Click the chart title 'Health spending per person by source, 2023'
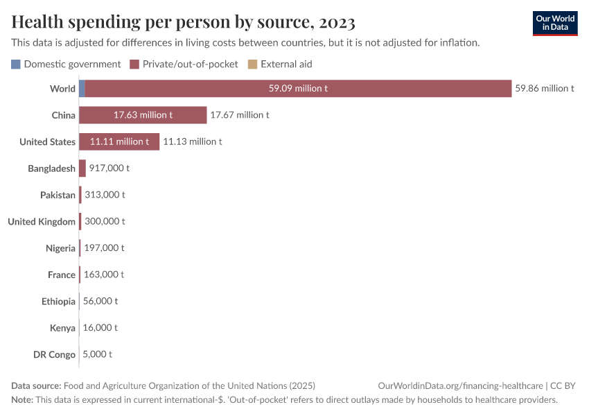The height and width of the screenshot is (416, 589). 184,22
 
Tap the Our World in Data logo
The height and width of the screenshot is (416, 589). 554,23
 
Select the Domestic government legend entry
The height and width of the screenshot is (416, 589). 66,64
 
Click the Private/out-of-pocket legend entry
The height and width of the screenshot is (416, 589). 184,64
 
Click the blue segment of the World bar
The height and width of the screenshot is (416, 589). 82,89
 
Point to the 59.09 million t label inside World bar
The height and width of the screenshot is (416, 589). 298,89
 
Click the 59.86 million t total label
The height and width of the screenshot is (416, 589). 544,89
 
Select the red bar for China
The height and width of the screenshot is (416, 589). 143,115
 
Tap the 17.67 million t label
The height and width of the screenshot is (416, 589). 239,115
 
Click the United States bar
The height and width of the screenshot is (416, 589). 119,141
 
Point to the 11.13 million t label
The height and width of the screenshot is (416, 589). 192,141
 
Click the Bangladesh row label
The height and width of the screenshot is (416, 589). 51,168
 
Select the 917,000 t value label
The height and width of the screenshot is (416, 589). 109,168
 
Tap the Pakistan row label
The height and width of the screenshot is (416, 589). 58,195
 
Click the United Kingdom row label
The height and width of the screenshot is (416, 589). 42,222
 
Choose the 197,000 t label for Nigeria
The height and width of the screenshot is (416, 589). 104,248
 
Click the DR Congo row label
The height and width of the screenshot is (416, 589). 54,354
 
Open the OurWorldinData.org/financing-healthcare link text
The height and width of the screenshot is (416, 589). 460,386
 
